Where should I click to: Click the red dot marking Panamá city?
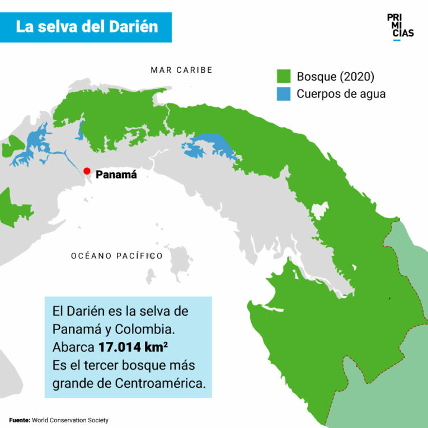[87, 171]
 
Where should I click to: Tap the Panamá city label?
[116, 175]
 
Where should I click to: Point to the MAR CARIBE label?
[181, 70]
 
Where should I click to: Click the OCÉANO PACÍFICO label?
[117, 256]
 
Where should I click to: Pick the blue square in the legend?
[284, 93]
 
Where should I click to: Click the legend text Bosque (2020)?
[335, 77]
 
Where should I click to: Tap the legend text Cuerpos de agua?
[341, 93]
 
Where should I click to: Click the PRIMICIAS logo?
[400, 26]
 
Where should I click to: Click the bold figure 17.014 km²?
[133, 346]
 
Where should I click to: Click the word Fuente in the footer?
[19, 420]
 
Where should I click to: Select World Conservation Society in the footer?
[70, 420]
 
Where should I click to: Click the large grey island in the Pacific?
[180, 262]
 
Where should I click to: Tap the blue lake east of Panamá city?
[208, 145]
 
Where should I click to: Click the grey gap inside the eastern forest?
[319, 212]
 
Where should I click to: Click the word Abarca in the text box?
[73, 346]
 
